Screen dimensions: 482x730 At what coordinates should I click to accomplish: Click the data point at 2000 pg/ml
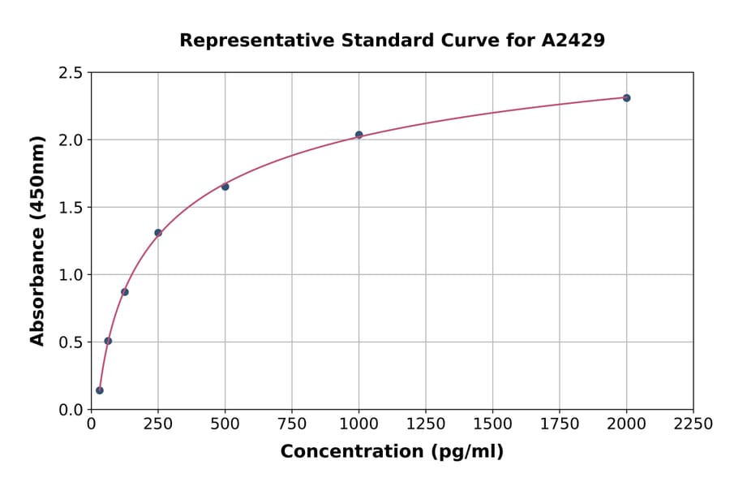click(x=626, y=98)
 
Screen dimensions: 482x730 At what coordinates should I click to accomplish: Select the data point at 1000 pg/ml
click(x=359, y=135)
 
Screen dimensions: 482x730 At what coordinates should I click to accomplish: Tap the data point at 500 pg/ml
click(x=225, y=187)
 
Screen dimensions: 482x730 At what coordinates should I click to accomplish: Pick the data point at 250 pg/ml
click(x=158, y=233)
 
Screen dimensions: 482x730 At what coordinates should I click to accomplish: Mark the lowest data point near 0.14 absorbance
click(x=100, y=390)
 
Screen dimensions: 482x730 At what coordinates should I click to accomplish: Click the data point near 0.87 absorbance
click(x=125, y=292)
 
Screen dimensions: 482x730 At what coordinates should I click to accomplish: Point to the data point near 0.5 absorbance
click(x=108, y=341)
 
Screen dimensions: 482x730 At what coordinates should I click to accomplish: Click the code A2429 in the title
click(x=573, y=41)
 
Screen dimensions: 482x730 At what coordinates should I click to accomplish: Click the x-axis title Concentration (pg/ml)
click(x=392, y=452)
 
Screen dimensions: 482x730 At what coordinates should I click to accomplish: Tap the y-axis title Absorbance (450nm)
click(x=37, y=240)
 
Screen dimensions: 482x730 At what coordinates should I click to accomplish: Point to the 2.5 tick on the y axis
click(x=71, y=73)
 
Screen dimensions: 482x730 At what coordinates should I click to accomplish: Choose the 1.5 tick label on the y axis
click(x=71, y=208)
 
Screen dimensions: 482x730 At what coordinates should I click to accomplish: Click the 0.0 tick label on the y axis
click(x=71, y=410)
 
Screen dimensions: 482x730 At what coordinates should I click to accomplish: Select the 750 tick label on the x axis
click(x=292, y=424)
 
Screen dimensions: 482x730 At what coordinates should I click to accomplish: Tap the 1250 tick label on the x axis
click(x=426, y=424)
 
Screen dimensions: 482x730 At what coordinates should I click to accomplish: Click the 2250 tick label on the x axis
click(x=693, y=424)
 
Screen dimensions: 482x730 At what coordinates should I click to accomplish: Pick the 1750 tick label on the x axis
click(x=560, y=424)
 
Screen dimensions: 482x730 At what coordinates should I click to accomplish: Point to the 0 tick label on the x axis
click(x=91, y=424)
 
